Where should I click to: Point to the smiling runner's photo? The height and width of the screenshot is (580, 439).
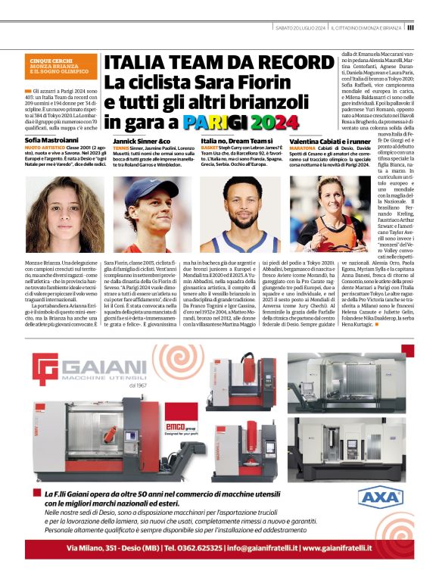point(328,215)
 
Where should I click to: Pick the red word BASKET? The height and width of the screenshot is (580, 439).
point(210,150)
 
